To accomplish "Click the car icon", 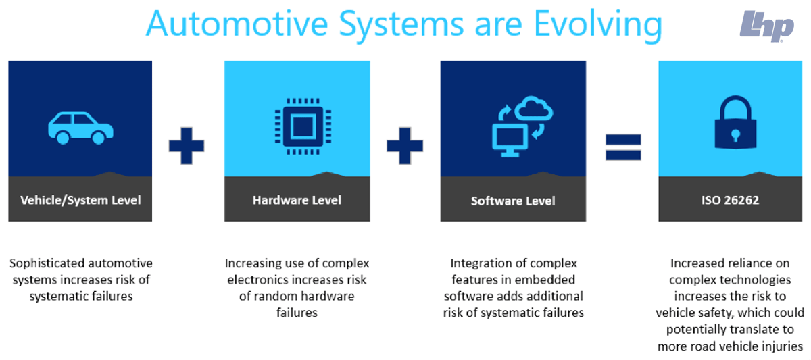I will (80, 128).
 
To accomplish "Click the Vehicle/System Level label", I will (80, 200).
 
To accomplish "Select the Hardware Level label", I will (297, 200).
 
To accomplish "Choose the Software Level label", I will (513, 201).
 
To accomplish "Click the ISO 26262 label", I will (731, 200).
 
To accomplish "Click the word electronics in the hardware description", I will (259, 279).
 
